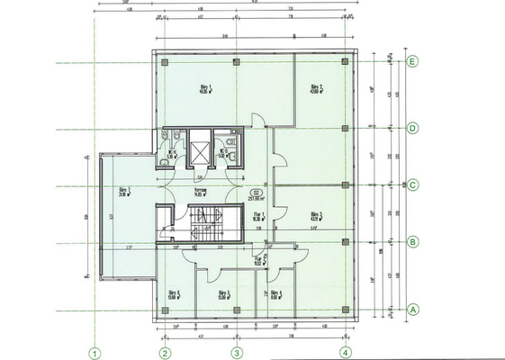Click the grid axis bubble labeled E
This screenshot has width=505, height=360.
412,62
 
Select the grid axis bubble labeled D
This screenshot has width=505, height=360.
412,128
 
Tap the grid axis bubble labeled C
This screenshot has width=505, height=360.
412,186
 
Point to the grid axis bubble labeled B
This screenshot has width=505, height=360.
412,242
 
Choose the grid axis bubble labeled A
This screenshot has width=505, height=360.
412,309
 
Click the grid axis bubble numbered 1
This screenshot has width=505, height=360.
92,352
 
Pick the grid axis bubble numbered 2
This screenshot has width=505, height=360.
166,352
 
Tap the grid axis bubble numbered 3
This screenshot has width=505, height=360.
236,352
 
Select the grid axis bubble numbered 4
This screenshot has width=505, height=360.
344,352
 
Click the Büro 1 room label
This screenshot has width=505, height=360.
203,88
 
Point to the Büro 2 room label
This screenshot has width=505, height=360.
316,88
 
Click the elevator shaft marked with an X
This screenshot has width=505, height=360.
199,148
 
